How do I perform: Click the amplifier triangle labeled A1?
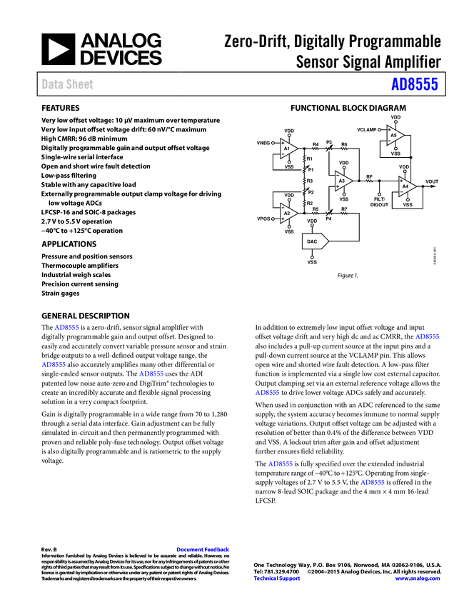coord(287,149)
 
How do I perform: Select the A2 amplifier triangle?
coord(287,213)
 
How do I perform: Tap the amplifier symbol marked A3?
coord(342,181)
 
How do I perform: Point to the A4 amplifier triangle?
coord(405,186)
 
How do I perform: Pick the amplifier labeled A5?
coord(394,135)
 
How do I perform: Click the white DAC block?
coord(314,241)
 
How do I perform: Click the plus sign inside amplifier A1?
coord(283,144)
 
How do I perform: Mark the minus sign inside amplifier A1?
coord(283,154)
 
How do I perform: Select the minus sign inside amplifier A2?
coord(283,208)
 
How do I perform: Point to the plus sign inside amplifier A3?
coord(338,186)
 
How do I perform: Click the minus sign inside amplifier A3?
coord(338,176)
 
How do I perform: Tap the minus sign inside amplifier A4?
coord(401,191)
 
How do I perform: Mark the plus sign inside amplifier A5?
coord(390,130)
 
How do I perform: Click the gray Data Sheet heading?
coord(68,84)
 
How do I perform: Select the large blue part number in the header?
coord(414,84)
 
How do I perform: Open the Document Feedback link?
coord(203,549)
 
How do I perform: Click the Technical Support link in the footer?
coord(277,578)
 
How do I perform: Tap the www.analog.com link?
coord(418,578)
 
